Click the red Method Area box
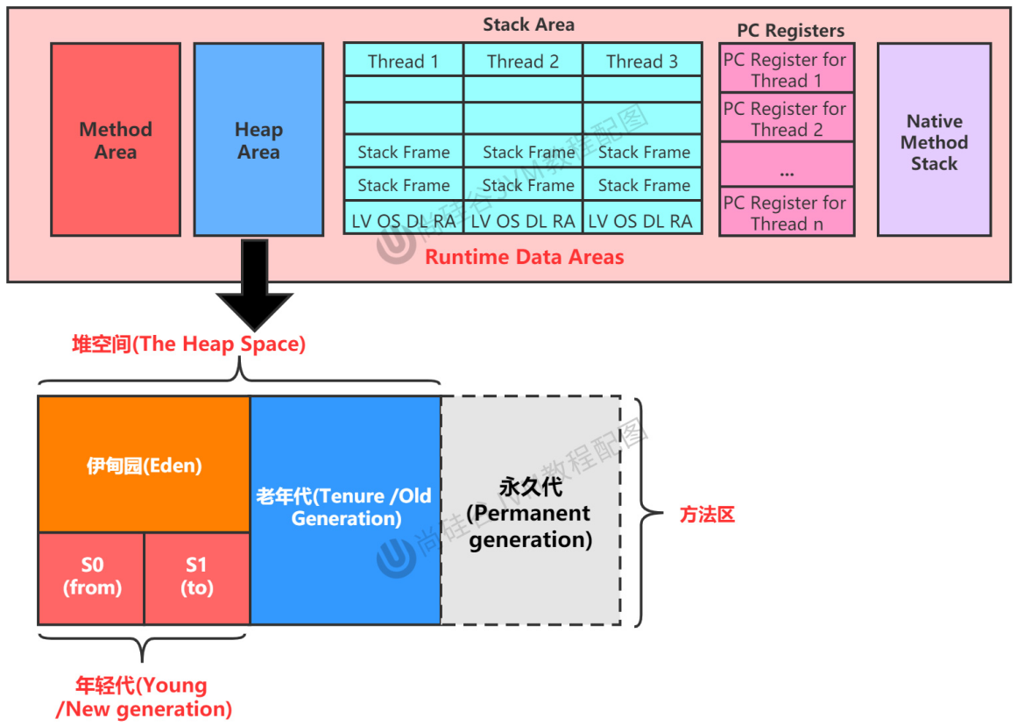[x=116, y=139]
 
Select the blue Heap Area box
[x=258, y=139]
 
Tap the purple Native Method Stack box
[x=934, y=139]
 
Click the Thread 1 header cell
[x=404, y=60]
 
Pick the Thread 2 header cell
[x=523, y=60]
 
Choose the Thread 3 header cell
[x=642, y=60]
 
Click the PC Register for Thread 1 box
[x=786, y=68]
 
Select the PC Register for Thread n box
[x=786, y=211]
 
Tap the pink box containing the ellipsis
[x=786, y=164]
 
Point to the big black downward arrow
[x=254, y=285]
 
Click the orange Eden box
[x=144, y=465]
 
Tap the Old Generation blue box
[x=345, y=510]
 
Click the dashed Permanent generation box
[x=531, y=510]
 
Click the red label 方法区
[x=707, y=515]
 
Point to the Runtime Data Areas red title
[x=524, y=257]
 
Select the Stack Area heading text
[x=528, y=25]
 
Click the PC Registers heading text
[x=791, y=31]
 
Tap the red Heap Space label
[x=188, y=344]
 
